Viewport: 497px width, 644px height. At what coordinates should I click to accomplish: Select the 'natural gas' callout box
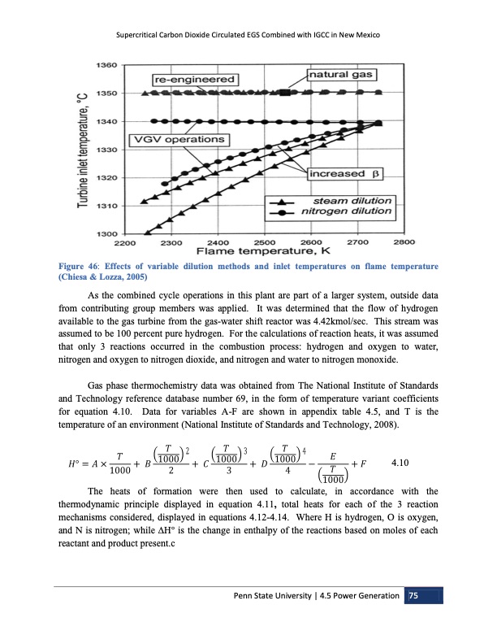point(340,75)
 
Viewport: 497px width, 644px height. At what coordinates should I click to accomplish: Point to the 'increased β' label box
point(344,174)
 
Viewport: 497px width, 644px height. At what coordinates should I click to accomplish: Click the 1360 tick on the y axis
point(106,64)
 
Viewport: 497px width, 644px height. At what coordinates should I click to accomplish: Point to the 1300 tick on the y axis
point(106,234)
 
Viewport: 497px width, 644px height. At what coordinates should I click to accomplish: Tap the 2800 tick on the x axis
point(404,242)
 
